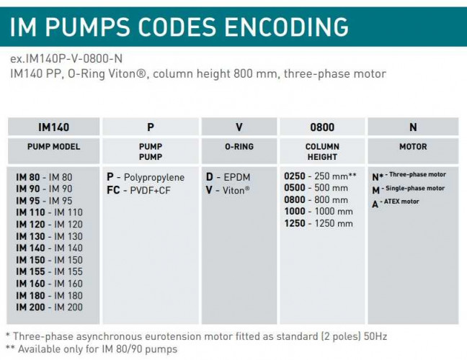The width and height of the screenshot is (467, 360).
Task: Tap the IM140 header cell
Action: [53, 127]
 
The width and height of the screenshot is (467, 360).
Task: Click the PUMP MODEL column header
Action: [53, 147]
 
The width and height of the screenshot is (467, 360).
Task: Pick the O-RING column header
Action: [239, 147]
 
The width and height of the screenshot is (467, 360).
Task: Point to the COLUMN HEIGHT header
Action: [321, 151]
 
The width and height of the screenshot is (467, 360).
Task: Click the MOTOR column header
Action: [413, 147]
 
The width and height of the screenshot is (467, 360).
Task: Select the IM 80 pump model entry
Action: [44, 177]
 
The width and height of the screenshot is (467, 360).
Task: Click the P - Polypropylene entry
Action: [146, 177]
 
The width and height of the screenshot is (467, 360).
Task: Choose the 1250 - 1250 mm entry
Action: [319, 223]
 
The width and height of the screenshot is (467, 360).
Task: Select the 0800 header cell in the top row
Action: [321, 127]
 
